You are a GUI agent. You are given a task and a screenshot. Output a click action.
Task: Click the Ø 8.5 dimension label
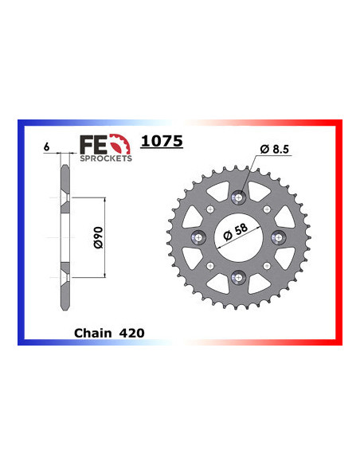275,149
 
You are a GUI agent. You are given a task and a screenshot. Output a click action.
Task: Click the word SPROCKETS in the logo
106,158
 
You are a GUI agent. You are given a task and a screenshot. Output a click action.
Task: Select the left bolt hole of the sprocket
199,236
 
